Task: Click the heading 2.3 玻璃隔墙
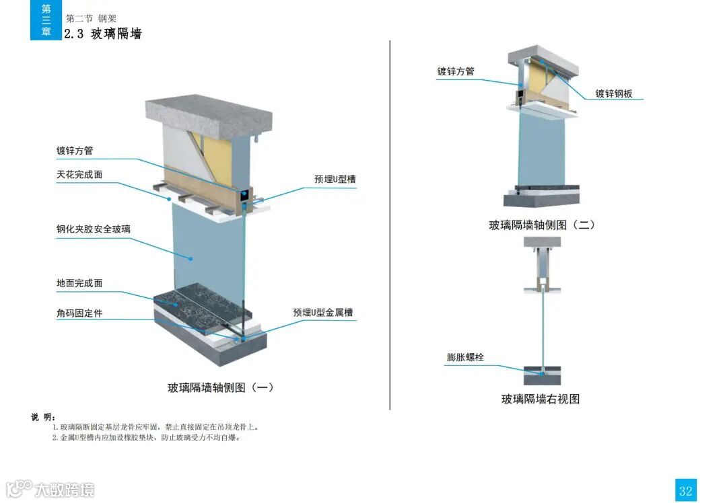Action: [103, 34]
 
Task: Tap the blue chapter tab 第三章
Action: [46, 20]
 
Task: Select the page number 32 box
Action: [685, 490]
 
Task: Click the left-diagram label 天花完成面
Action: [79, 175]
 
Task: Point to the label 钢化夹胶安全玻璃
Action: [93, 229]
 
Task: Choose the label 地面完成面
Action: [79, 283]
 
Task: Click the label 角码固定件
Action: [79, 313]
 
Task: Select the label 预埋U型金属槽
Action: [323, 312]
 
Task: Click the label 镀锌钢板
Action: [614, 94]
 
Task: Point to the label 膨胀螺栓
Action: [465, 357]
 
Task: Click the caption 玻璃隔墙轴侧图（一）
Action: [221, 387]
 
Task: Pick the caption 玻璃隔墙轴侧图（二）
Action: [542, 225]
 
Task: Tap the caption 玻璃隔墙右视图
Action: [541, 399]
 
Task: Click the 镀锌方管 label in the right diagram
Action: [456, 71]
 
